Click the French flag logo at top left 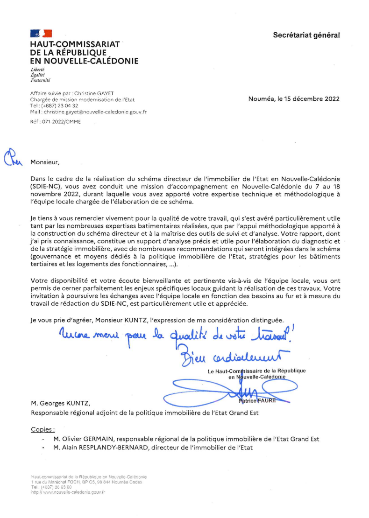(41, 33)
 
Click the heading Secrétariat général (306, 35)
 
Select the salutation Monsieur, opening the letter (45, 162)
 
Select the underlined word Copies (43, 429)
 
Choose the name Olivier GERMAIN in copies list (89, 439)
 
